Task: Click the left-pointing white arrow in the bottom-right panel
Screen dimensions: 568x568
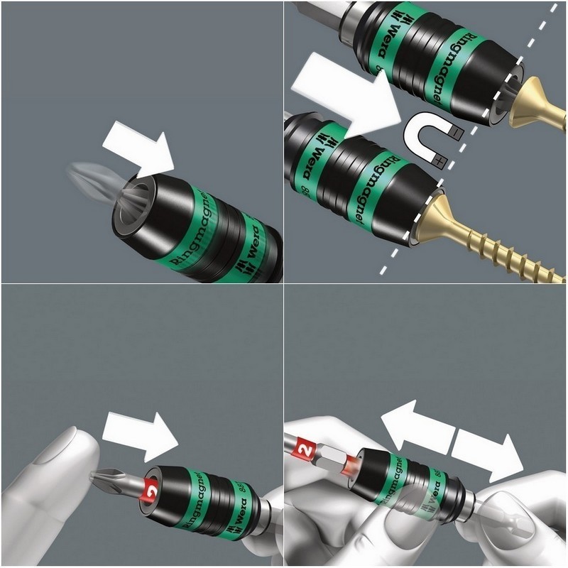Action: (416, 426)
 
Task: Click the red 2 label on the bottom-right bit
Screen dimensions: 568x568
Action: (304, 449)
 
